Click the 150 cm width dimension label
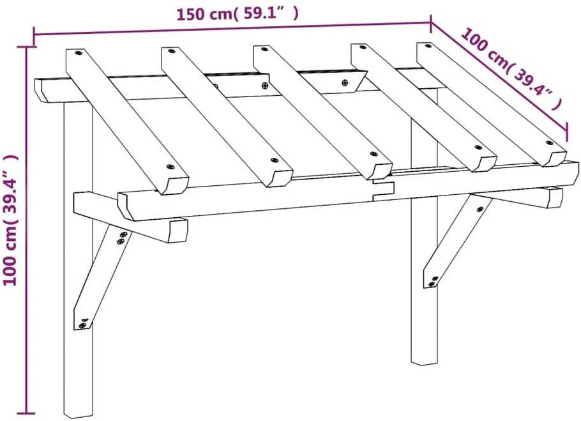(237, 14)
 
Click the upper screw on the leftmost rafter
(79, 53)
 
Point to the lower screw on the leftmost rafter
(170, 167)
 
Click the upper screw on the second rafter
(171, 50)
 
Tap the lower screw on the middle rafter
(373, 154)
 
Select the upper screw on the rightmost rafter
(428, 46)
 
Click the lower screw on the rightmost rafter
(549, 142)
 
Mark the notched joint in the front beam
(383, 189)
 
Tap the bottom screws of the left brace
(83, 323)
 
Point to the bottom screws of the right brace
(433, 281)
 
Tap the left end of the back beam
(41, 90)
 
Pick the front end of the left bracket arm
(177, 231)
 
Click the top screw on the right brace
(480, 209)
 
